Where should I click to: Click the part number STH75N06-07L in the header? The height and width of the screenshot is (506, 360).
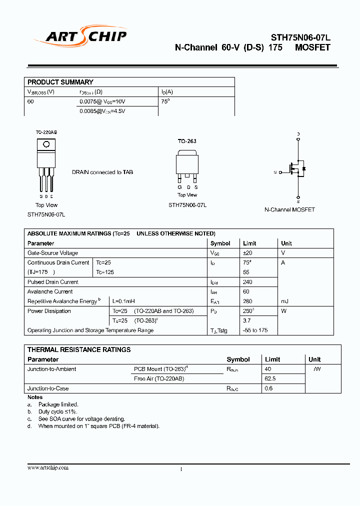(300, 37)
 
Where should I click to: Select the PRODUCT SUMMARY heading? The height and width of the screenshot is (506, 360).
(60, 82)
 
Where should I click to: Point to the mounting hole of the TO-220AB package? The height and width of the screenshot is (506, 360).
(46, 144)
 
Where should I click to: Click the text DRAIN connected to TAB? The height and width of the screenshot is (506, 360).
(102, 172)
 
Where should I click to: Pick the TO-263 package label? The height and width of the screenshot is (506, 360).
(187, 141)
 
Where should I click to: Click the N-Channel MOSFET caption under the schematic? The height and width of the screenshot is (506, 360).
(289, 209)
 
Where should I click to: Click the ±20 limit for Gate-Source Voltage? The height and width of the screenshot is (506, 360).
(247, 253)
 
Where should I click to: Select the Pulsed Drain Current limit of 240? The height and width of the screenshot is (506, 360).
(247, 282)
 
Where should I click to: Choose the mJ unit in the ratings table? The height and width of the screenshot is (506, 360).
(284, 301)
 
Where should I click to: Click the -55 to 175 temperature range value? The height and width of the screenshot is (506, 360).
(255, 330)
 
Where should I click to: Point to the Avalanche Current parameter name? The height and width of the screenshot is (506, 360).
(50, 291)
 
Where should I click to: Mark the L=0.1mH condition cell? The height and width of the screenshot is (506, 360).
(123, 301)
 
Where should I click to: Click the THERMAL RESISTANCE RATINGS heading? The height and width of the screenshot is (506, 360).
(79, 349)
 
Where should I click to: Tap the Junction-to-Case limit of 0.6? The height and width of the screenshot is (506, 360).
(268, 388)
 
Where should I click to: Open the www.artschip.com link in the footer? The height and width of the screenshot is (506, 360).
(48, 467)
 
